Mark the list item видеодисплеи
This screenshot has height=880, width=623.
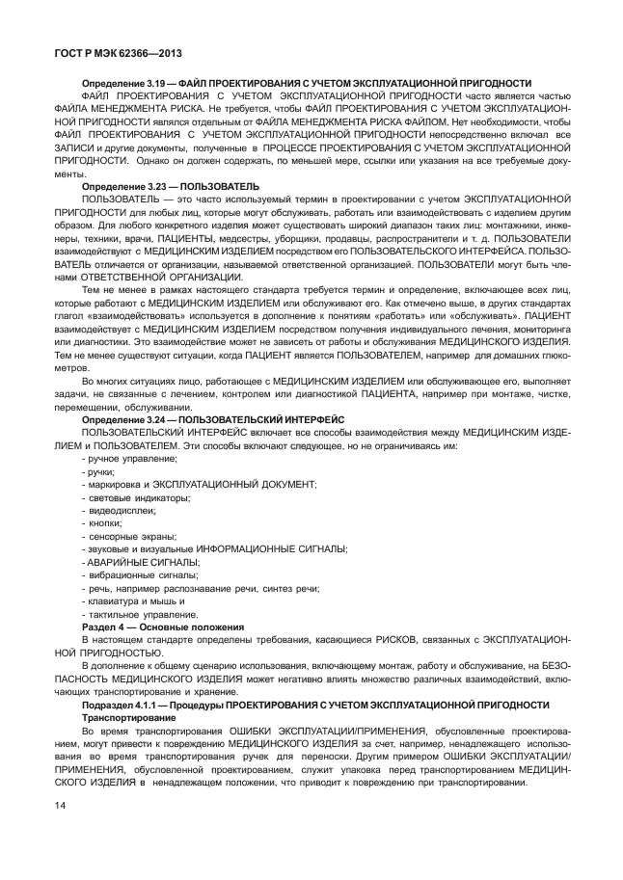[x=120, y=510]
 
